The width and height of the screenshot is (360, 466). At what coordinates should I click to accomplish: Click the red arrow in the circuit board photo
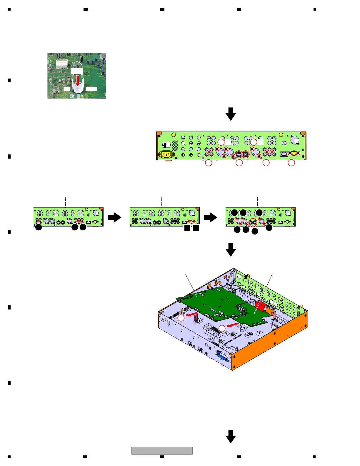point(78,80)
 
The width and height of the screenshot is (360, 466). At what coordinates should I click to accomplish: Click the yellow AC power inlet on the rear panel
point(166,154)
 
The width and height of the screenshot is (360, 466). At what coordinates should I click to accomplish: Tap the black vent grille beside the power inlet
point(175,145)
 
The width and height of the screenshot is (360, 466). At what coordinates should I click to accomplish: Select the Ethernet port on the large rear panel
point(284,154)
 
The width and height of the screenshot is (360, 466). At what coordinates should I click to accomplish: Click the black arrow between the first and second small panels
point(114,218)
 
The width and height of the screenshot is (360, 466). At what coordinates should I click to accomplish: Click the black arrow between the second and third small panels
point(211,218)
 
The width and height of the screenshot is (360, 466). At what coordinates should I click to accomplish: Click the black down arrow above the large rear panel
point(231,114)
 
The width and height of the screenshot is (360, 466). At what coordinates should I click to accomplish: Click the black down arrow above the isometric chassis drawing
point(231,249)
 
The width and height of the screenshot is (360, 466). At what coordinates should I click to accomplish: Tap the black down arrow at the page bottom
point(231,436)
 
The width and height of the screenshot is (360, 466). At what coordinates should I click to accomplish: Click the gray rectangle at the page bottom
point(162,450)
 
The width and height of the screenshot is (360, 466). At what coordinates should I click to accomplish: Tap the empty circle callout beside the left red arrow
point(181,318)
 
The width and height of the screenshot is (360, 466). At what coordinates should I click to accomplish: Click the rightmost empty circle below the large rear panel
point(291,163)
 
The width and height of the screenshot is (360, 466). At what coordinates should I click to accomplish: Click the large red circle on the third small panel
point(253,223)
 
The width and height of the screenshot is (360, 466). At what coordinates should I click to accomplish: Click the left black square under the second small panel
point(187,228)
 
